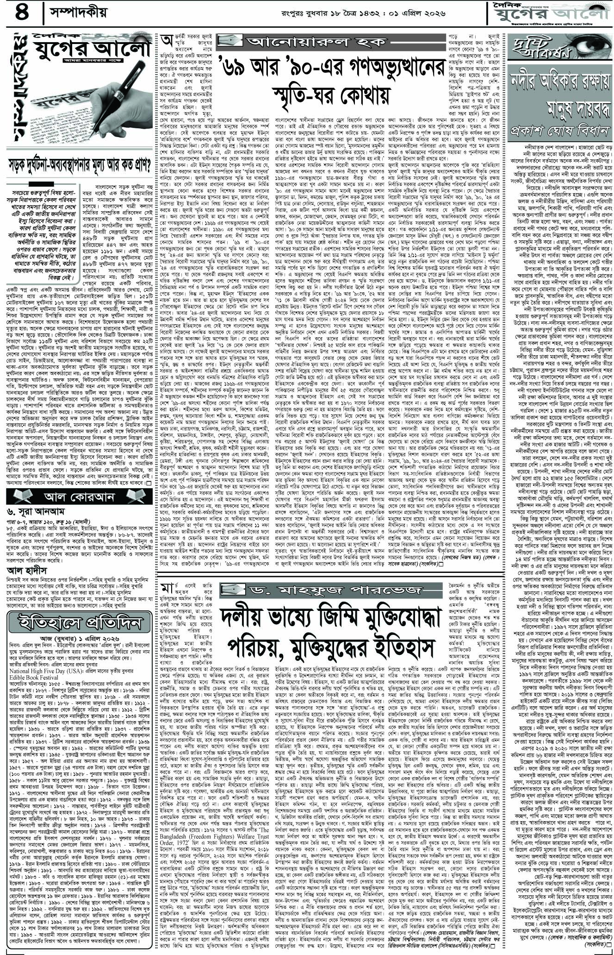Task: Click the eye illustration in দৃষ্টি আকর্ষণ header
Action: (x=579, y=44)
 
